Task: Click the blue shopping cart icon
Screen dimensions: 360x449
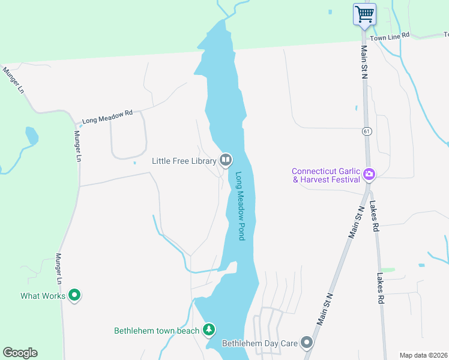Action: coord(365,14)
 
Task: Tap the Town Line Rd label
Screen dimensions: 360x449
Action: coord(390,37)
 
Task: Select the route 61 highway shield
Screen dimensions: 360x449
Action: coord(366,131)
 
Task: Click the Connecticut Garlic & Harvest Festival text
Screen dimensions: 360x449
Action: coord(327,175)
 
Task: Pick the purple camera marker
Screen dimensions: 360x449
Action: coord(369,175)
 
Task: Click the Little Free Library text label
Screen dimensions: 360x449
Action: coord(184,161)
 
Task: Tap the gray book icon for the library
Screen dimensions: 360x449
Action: coord(226,160)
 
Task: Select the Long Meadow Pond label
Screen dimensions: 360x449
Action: coord(241,206)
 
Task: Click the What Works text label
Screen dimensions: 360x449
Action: coord(43,295)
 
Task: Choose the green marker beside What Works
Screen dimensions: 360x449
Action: coord(75,295)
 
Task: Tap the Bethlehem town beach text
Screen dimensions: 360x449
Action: coord(156,331)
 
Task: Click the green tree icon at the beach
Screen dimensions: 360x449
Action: coord(208,329)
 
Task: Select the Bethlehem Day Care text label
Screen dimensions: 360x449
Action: coord(260,344)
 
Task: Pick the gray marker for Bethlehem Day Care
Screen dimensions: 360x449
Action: coord(307,343)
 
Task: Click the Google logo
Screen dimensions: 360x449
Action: coord(20,353)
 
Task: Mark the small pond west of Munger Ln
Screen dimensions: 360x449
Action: coord(31,136)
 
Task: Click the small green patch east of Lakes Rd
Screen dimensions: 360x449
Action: coord(388,270)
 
